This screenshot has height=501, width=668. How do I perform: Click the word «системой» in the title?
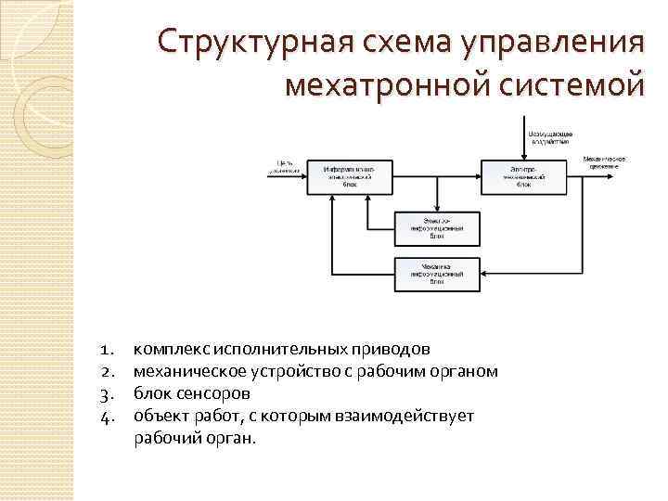(x=572, y=86)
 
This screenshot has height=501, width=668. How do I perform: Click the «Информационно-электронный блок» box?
(x=349, y=176)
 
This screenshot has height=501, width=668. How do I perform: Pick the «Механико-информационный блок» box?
(x=437, y=271)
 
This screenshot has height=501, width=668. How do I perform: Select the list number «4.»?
(x=106, y=416)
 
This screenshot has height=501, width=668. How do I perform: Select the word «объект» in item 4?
(x=160, y=416)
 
